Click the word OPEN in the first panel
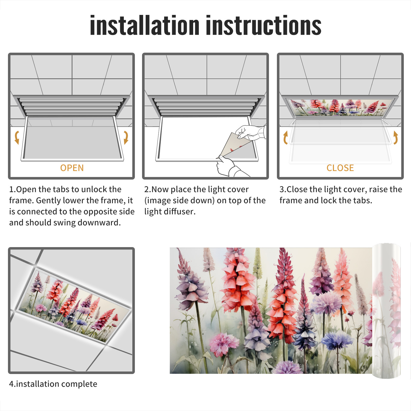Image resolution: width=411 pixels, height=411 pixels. pyautogui.click(x=72, y=168)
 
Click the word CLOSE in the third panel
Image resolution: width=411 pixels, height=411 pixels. pyautogui.click(x=340, y=168)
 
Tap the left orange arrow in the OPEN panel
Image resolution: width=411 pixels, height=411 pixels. pyautogui.click(x=17, y=137)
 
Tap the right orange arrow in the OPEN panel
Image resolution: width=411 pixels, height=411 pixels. pyautogui.click(x=126, y=137)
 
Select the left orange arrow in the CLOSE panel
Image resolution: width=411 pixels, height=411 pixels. pyautogui.click(x=285, y=137)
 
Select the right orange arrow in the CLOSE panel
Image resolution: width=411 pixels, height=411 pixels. pyautogui.click(x=396, y=137)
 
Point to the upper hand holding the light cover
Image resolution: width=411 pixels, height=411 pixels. pyautogui.click(x=250, y=132)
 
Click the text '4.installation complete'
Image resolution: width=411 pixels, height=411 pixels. pyautogui.click(x=53, y=384)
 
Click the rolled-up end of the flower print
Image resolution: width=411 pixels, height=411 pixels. pyautogui.click(x=387, y=311)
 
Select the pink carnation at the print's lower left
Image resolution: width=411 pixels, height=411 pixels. pyautogui.click(x=221, y=344)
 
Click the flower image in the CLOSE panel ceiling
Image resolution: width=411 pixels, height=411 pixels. pyautogui.click(x=340, y=107)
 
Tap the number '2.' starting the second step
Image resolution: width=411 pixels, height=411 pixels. pyautogui.click(x=148, y=189)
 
